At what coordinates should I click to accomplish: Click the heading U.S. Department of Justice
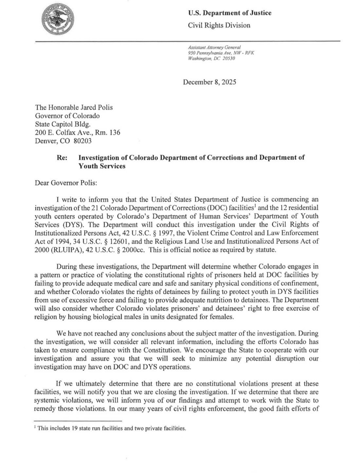[x=229, y=13]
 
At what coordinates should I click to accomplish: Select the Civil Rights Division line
[x=219, y=25]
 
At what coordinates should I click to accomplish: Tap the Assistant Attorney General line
[x=215, y=48]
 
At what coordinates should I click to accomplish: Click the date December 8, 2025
[x=209, y=82]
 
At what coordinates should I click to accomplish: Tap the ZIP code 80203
[x=82, y=141]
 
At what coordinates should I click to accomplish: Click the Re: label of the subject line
[x=62, y=157]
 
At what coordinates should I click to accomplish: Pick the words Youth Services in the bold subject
[x=102, y=166]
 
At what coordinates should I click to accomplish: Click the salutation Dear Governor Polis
[x=66, y=183]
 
